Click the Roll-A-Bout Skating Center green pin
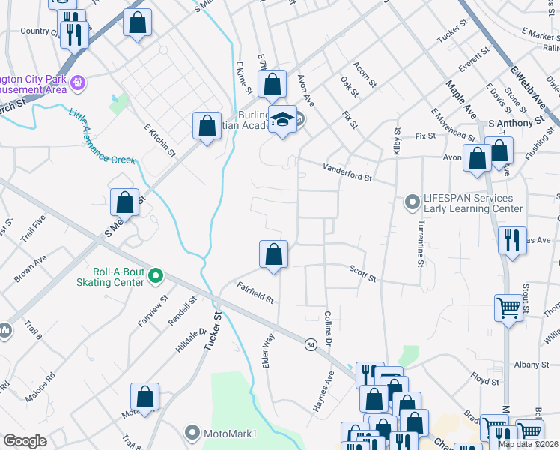point(155,276)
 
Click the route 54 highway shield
point(310,344)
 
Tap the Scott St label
point(362,272)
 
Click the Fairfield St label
point(256,292)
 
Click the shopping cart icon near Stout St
point(508,307)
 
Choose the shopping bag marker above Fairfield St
point(274,254)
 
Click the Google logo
point(25,441)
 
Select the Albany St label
point(532,364)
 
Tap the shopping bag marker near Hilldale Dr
point(145,397)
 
